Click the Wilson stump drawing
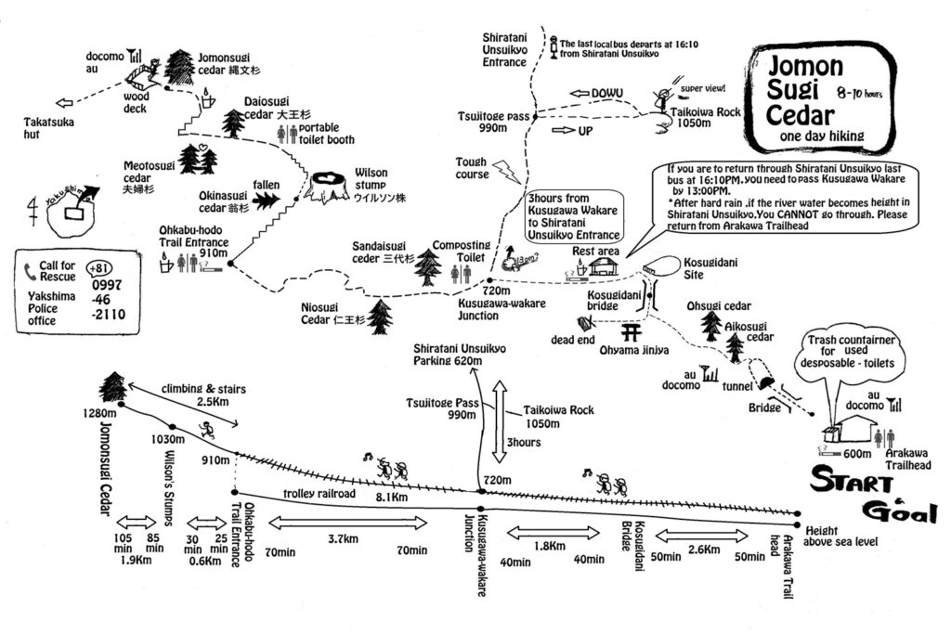tap(330, 188)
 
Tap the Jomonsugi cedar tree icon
tap(178, 66)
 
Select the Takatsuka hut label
tap(51, 127)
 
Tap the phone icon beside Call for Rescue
tap(31, 269)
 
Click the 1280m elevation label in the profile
tap(103, 413)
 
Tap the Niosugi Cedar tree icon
tap(379, 317)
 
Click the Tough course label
tap(471, 168)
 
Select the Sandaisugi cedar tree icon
tap(426, 265)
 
